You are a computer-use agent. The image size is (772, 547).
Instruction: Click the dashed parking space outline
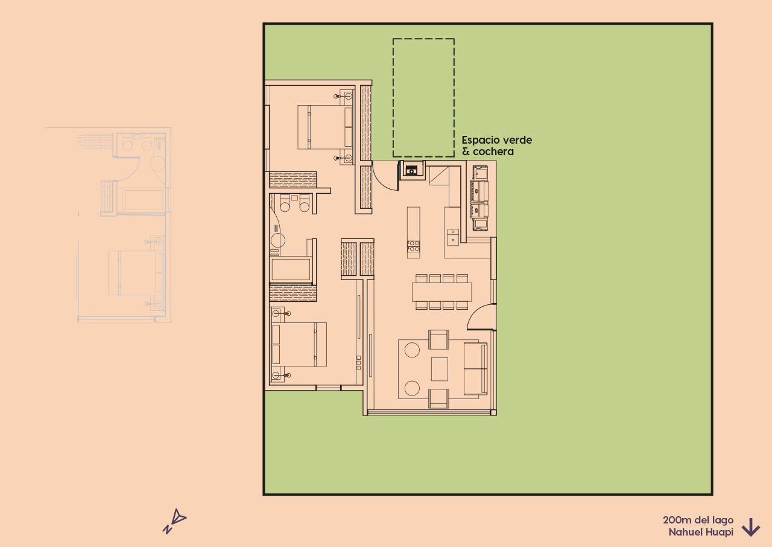coord(423,98)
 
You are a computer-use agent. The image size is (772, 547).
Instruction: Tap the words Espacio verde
coord(497,140)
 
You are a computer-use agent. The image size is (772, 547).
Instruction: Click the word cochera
coord(493,152)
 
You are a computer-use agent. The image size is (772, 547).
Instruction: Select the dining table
coord(442,292)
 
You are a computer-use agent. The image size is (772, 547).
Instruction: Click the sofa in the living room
coord(475,368)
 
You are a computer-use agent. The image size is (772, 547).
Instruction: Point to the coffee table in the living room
coord(440,369)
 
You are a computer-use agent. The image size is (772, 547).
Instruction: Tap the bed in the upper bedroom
coord(325,126)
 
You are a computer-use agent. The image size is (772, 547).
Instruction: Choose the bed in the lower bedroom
coord(299,344)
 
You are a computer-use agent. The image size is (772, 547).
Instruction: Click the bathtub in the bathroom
coord(291,269)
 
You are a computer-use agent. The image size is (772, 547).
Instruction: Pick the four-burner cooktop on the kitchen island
coord(414,246)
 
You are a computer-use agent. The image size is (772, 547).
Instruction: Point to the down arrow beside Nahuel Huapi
coord(750,527)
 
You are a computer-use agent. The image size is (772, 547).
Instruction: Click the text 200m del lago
coord(698,520)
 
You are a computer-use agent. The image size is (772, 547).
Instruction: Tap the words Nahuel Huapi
coord(700,533)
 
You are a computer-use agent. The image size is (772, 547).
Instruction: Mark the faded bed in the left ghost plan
coord(136,273)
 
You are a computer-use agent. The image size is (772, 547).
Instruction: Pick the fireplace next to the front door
coord(413,169)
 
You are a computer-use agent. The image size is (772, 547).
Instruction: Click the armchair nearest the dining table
coord(438,339)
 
